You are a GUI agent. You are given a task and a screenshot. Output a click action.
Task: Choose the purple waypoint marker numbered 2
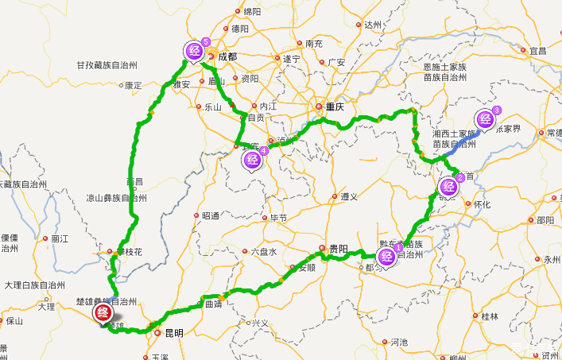point(448,187)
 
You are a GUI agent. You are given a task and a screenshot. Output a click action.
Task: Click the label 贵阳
point(338,248)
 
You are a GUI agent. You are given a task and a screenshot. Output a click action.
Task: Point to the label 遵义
point(350,196)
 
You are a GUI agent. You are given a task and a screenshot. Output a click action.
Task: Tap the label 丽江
point(60,238)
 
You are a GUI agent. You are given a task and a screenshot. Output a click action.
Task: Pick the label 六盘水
point(263,252)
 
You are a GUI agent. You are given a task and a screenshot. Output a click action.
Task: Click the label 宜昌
point(538,51)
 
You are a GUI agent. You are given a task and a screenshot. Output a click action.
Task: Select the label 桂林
point(490,316)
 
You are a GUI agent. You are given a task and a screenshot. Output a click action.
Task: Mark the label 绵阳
point(252,11)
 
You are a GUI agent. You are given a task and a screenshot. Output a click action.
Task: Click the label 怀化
point(482,203)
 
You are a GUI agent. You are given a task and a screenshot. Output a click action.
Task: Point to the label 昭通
point(210,215)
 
